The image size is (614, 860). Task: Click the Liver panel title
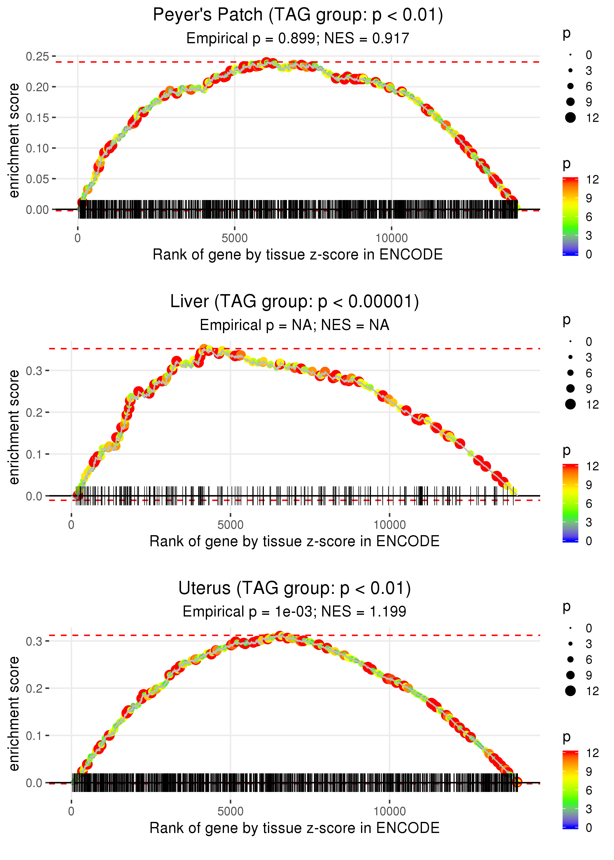(294, 301)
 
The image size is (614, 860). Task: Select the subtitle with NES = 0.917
(298, 38)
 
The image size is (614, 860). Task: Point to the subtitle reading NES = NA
(294, 325)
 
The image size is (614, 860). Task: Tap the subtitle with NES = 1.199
(294, 612)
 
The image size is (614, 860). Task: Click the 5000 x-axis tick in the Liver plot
(230, 525)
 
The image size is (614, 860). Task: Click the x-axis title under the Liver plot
(294, 541)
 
